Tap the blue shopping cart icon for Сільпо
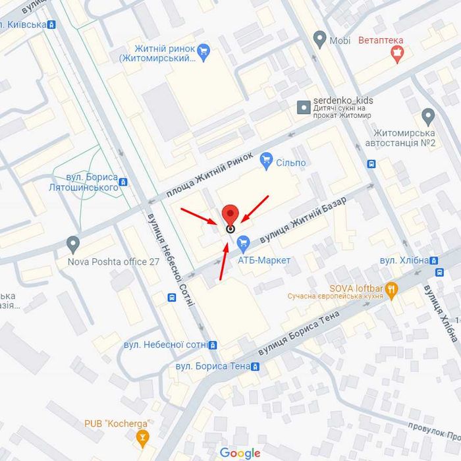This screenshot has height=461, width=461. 267,158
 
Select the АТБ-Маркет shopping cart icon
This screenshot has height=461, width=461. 243,244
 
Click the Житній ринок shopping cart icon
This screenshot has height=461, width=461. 203,49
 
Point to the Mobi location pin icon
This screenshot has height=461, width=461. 319,40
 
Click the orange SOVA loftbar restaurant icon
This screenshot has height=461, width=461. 392,288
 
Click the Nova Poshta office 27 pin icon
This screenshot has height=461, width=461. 73,244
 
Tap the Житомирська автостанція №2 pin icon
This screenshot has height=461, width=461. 429,118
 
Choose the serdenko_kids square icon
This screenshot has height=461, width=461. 304,106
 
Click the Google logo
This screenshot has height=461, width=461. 240,453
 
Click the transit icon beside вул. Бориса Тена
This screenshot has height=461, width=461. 256,366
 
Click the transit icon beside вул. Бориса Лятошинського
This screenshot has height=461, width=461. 124,182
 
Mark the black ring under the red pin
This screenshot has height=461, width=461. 230,229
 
